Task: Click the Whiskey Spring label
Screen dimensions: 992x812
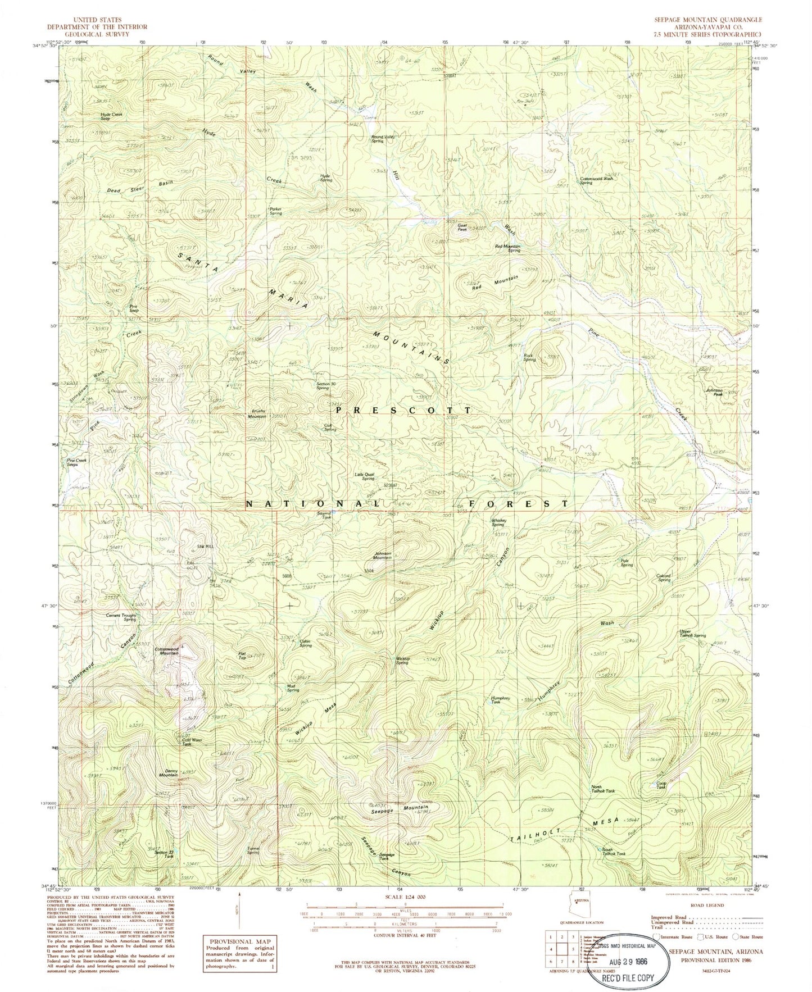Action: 498,522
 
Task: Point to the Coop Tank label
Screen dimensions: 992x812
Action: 661,785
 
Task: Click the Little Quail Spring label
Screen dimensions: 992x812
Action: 364,476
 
